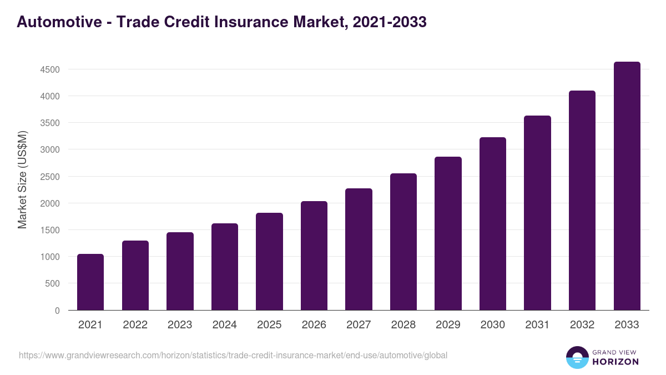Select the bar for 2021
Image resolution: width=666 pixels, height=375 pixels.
pyautogui.click(x=90, y=282)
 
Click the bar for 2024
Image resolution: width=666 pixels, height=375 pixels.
pyautogui.click(x=225, y=267)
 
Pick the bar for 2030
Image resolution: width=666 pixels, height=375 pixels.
pyautogui.click(x=493, y=223)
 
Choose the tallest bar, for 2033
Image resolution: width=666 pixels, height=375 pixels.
pyautogui.click(x=627, y=186)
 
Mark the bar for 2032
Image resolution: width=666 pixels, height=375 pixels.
pyautogui.click(x=582, y=200)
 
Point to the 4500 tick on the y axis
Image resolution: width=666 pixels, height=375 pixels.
pyautogui.click(x=49, y=69)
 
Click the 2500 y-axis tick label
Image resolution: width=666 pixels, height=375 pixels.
pyautogui.click(x=49, y=177)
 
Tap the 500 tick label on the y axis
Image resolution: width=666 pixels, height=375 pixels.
pyautogui.click(x=52, y=283)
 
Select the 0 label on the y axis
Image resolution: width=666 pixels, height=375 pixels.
pyautogui.click(x=57, y=311)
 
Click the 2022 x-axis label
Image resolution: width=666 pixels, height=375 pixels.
pyautogui.click(x=135, y=325)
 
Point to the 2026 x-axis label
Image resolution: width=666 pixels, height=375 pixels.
pyautogui.click(x=314, y=325)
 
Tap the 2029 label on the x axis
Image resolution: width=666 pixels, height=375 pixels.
pyautogui.click(x=448, y=325)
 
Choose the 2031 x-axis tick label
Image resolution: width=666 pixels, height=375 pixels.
pyautogui.click(x=537, y=325)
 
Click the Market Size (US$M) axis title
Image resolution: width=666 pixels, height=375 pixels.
pyautogui.click(x=22, y=179)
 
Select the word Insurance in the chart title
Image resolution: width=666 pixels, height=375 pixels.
pyautogui.click(x=255, y=22)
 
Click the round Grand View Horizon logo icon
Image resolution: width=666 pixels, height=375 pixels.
pyautogui.click(x=577, y=357)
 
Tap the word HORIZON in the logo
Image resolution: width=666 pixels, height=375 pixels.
pyautogui.click(x=615, y=362)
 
